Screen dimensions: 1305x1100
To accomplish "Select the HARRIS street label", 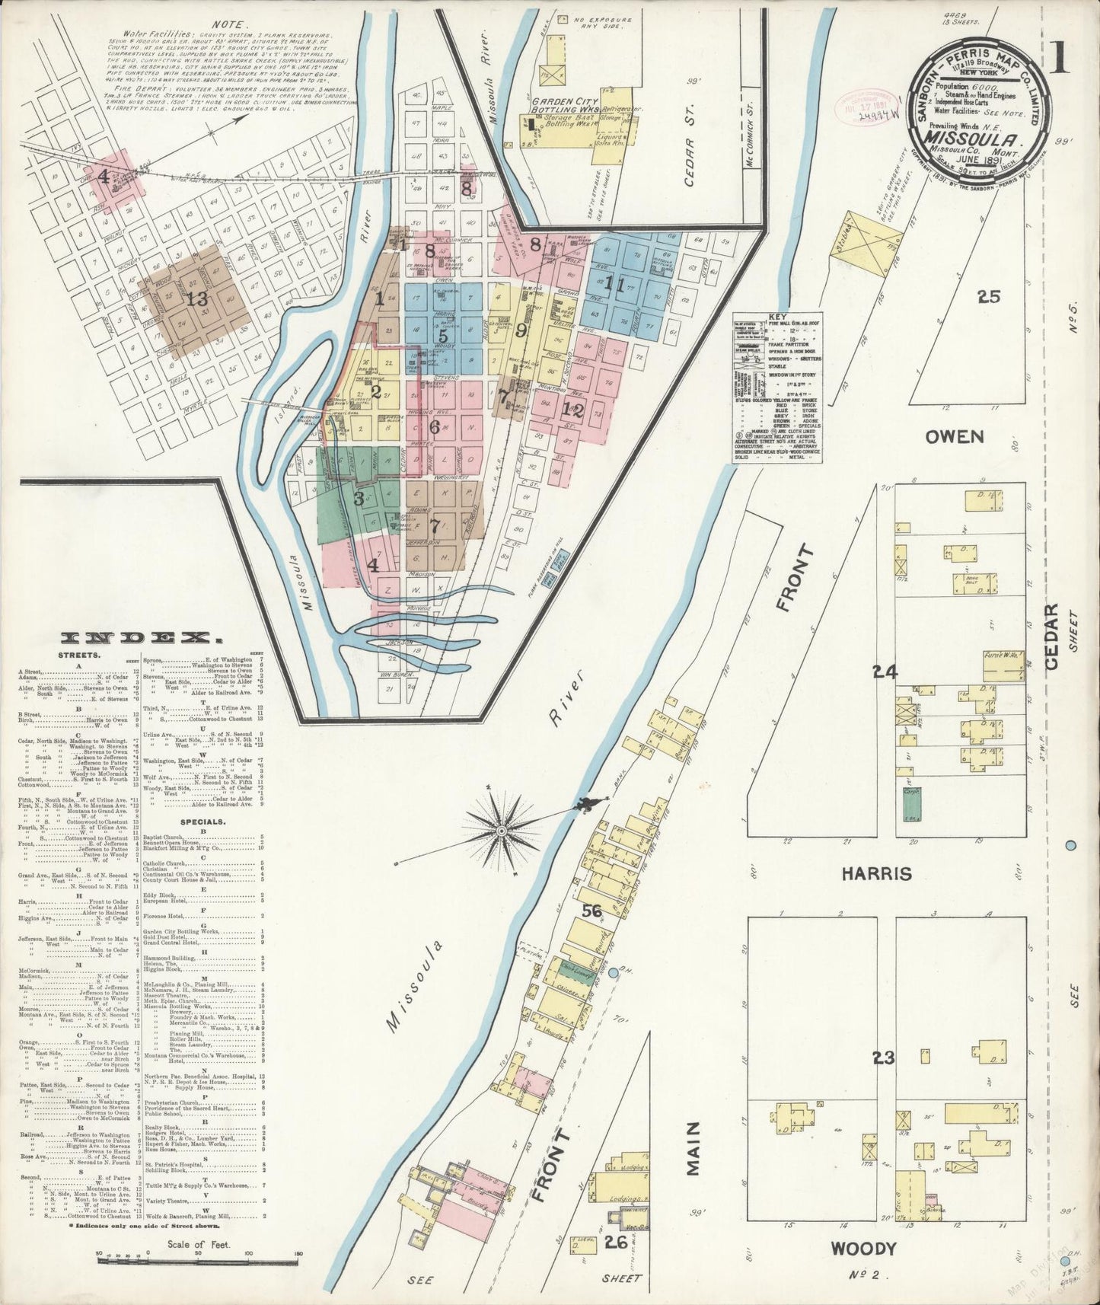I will pos(876,874).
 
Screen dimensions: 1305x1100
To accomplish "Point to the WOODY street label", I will pos(863,1249).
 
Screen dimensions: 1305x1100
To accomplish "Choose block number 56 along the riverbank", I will pos(591,911).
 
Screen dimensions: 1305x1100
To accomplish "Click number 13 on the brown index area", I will pos(198,299).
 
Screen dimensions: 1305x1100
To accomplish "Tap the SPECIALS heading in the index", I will pos(202,822).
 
